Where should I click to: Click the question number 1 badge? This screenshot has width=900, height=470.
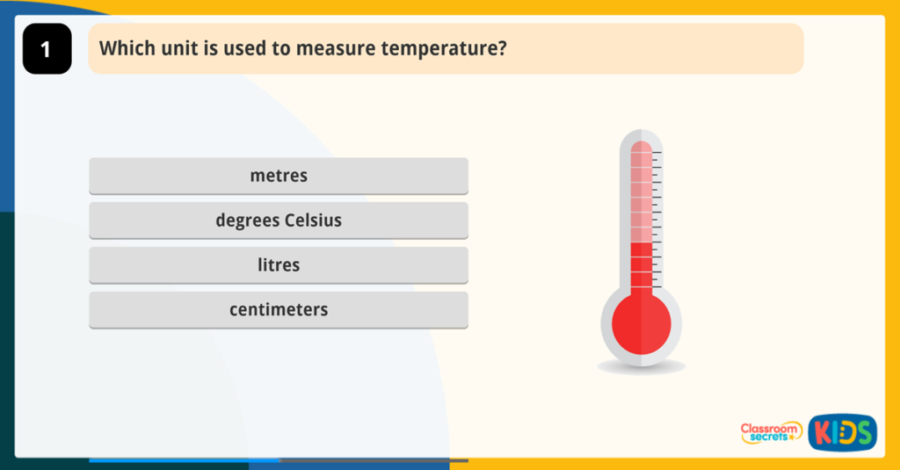(x=47, y=49)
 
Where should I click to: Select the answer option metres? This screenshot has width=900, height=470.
(x=279, y=176)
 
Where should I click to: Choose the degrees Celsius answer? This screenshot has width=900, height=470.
(x=279, y=221)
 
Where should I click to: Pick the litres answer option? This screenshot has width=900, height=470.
(x=279, y=265)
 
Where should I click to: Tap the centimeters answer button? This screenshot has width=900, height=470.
(x=279, y=310)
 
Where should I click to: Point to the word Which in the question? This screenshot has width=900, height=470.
(x=122, y=48)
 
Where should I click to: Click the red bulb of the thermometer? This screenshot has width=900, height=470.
(x=641, y=324)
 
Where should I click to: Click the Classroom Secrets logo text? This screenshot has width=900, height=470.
(x=771, y=431)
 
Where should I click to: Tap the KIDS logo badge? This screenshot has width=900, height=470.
(x=842, y=432)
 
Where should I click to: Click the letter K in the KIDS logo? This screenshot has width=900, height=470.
(x=819, y=432)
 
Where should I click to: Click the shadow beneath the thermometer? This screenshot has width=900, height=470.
(x=641, y=367)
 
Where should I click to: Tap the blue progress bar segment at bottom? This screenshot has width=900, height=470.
(x=184, y=459)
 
